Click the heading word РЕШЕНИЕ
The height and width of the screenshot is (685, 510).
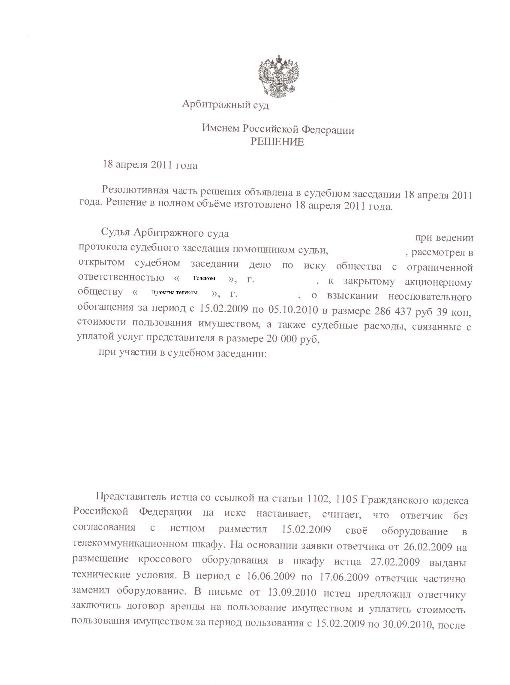pyautogui.click(x=277, y=142)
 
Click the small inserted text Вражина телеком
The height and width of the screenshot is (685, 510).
pyautogui.click(x=174, y=292)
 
